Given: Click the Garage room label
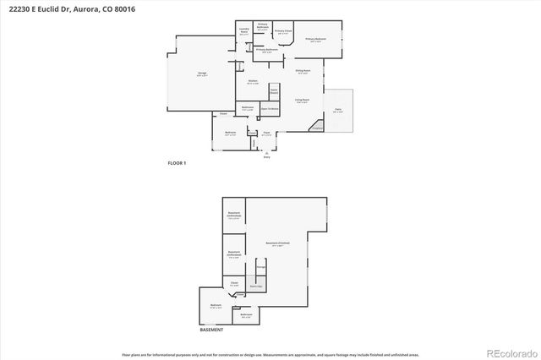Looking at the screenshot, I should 202,74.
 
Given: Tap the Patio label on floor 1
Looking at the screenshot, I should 337,110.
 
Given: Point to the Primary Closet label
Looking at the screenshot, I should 283,31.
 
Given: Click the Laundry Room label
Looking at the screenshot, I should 243,32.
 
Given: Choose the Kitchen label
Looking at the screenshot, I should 252,82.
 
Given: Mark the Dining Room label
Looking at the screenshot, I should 302,72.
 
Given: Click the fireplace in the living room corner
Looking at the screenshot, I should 316,127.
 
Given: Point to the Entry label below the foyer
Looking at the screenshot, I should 267,156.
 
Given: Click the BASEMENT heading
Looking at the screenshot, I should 211,330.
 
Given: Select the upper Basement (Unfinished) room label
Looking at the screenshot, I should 234,215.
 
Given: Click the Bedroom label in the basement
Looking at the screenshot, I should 216,305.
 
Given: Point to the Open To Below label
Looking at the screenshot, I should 270,108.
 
